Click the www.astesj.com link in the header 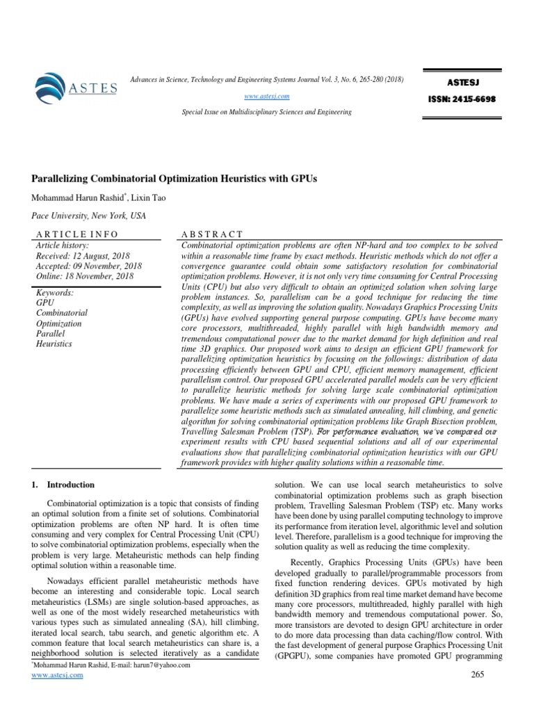[x=266, y=96]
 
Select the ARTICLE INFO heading [x=76, y=235]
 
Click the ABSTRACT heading [x=212, y=235]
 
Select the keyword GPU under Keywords [x=44, y=303]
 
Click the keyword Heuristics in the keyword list [x=54, y=343]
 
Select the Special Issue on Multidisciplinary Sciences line [x=266, y=112]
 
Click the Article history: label [x=62, y=245]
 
